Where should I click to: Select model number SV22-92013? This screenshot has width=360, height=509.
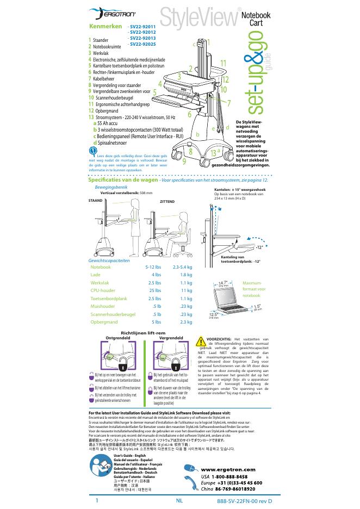point(142,38)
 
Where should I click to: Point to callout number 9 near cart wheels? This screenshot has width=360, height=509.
point(184,160)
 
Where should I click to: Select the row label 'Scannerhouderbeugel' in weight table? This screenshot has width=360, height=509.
point(113,314)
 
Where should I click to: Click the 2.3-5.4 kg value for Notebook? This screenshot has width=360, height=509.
point(182,267)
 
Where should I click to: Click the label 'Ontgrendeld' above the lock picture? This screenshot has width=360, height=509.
point(117,338)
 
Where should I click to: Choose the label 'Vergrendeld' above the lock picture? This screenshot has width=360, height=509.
point(170,338)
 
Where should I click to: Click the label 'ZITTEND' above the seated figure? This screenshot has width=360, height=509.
point(167,202)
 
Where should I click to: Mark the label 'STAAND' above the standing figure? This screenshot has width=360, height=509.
point(95,200)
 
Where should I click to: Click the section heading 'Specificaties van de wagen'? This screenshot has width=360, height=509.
point(123,179)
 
